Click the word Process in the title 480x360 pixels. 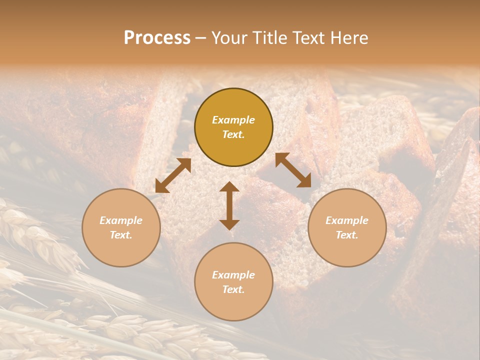(157, 38)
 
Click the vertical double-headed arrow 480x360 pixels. (229, 206)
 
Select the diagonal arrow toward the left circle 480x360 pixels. (173, 175)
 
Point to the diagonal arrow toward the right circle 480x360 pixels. (293, 170)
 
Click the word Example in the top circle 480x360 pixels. (233, 120)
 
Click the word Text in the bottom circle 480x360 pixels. (233, 289)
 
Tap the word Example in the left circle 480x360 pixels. (121, 220)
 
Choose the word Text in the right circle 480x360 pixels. (347, 235)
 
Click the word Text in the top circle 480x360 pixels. (233, 134)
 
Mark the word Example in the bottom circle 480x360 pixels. (233, 275)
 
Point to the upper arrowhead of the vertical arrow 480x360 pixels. (229, 187)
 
